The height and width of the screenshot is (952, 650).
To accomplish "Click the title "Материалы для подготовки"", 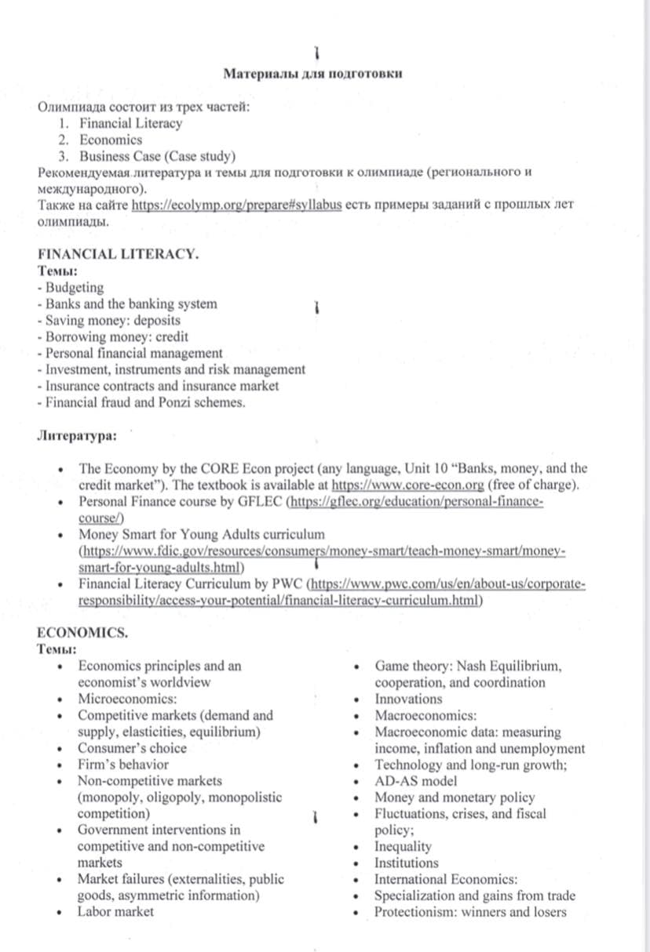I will click(x=314, y=74).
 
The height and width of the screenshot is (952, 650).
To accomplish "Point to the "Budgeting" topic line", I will click(x=73, y=288).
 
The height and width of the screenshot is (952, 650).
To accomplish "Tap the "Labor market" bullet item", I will click(x=115, y=911).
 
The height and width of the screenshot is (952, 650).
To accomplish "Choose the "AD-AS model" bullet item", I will click(x=416, y=781).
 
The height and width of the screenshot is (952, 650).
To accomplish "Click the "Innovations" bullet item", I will click(x=408, y=699).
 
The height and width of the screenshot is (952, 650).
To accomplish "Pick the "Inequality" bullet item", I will click(x=404, y=847).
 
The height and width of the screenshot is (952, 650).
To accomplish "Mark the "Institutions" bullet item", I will click(x=407, y=863).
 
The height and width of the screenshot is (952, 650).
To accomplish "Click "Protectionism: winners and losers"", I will click(x=470, y=912).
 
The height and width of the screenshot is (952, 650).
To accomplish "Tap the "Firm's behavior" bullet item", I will click(x=123, y=765).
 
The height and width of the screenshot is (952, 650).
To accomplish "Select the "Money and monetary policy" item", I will click(x=455, y=798).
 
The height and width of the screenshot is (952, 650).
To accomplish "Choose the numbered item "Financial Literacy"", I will click(x=130, y=123).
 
